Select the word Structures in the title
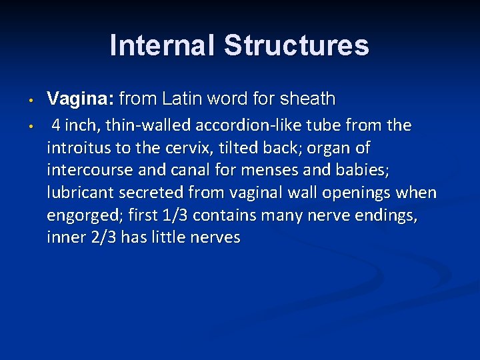pos(296,46)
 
